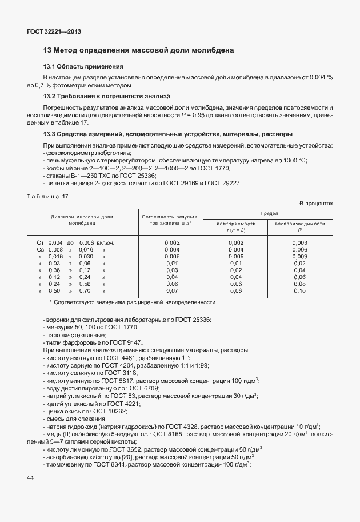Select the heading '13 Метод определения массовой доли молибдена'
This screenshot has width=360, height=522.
point(139,50)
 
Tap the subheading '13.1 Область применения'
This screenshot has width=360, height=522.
point(83,66)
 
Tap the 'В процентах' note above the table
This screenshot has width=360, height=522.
point(315,204)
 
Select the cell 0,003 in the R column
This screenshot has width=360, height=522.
point(299,243)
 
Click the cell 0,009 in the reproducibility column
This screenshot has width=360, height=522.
point(299,257)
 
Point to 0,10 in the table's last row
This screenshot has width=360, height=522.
point(299,291)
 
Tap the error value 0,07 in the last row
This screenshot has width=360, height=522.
point(172,291)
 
